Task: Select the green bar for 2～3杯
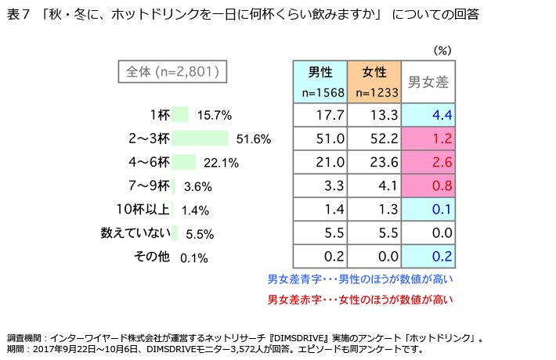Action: (200, 139)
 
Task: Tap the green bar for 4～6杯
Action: (183, 162)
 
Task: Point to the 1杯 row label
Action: (159, 115)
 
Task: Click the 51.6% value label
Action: (253, 139)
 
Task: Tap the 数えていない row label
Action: (135, 232)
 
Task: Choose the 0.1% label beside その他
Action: (194, 257)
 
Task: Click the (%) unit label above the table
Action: (443, 49)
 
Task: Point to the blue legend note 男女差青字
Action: (360, 279)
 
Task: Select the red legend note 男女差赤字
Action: (360, 299)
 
